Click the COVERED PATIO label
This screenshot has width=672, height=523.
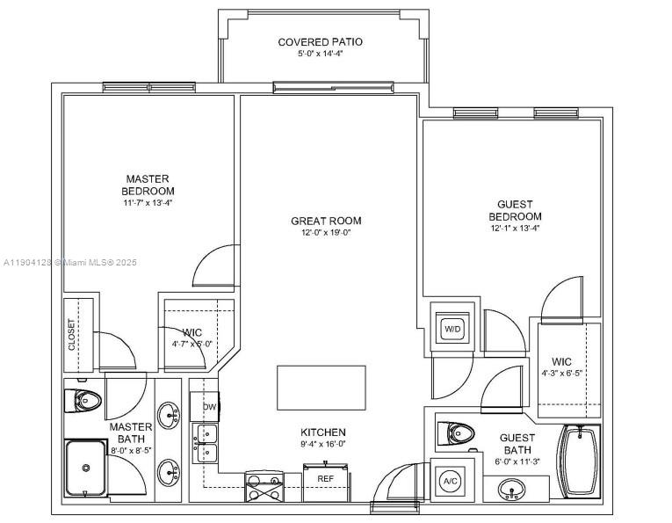320,42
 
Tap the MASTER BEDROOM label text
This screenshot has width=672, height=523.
148,185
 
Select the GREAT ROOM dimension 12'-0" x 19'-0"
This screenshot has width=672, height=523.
326,233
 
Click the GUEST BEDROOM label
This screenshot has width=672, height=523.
515,210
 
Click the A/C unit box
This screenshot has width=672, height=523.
451,481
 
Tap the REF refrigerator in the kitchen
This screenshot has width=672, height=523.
325,479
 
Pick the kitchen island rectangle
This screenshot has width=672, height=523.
321,388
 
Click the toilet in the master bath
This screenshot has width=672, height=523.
83,401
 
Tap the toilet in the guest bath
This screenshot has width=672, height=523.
459,432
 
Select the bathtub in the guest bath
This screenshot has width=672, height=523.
580,461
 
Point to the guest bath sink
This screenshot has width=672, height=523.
513,488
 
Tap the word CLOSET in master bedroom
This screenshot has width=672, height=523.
72,334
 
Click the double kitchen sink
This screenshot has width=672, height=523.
206,443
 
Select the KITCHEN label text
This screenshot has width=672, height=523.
324,432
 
